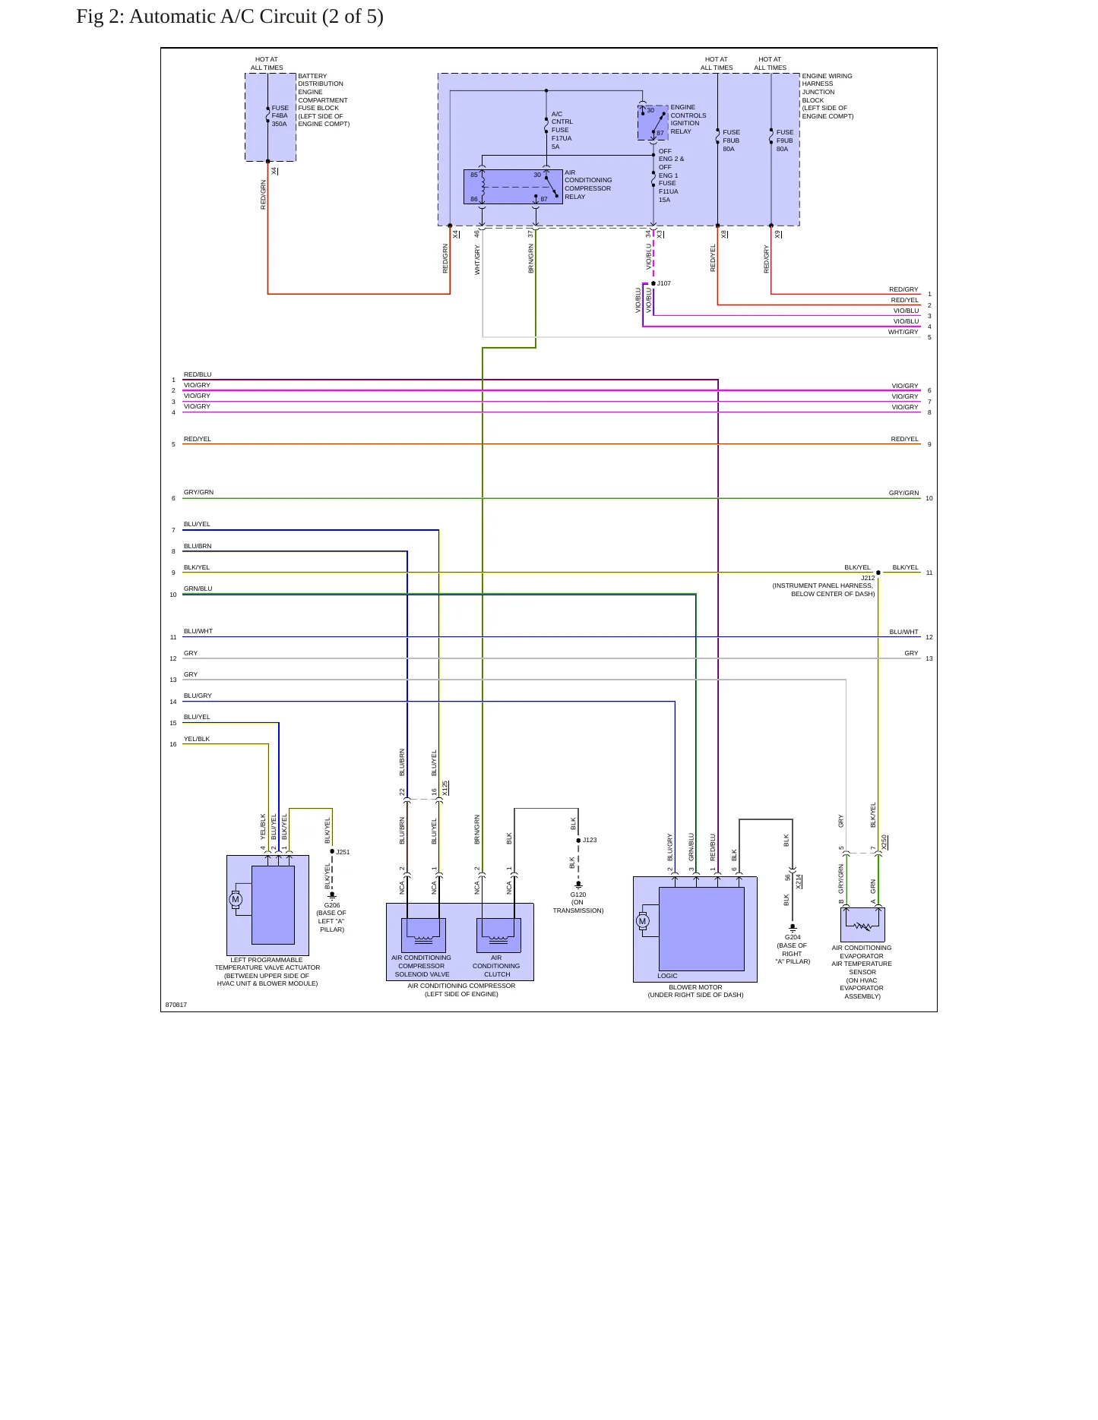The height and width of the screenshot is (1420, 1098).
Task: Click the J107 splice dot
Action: [x=653, y=283]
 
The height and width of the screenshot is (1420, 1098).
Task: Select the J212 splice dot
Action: [x=878, y=573]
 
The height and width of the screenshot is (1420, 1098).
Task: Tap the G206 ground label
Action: [x=332, y=905]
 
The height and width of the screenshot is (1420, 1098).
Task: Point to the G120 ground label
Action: [x=578, y=895]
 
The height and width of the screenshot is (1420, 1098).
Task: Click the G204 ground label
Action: [x=793, y=937]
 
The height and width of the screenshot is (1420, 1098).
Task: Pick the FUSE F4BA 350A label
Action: [x=280, y=116]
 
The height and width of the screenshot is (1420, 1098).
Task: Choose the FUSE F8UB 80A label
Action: [x=731, y=140]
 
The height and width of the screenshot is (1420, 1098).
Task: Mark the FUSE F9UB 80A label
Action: [x=784, y=140]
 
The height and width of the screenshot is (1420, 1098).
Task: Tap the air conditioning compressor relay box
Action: [x=513, y=187]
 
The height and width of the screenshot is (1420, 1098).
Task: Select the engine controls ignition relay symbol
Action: [x=653, y=123]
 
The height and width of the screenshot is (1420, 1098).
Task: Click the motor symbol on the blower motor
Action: [x=643, y=921]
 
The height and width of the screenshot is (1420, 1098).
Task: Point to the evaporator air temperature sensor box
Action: [x=862, y=925]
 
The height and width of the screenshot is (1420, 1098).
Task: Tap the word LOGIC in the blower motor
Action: [x=667, y=976]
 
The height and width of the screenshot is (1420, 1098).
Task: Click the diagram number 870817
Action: [x=176, y=1005]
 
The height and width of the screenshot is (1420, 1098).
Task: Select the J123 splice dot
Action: [x=578, y=841]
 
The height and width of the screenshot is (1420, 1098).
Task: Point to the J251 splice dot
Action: [x=332, y=851]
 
